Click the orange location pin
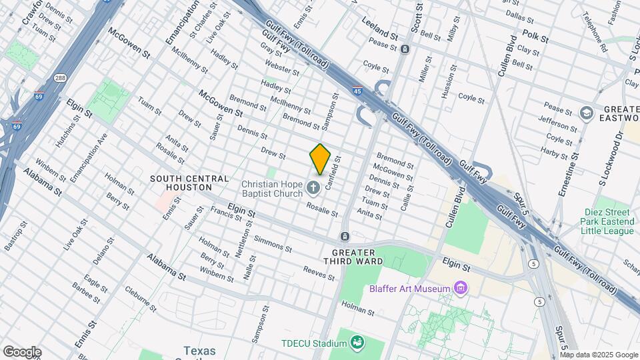pyautogui.click(x=320, y=159)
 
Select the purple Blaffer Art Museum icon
pyautogui.click(x=459, y=288)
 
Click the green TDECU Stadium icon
pyautogui.click(x=358, y=343)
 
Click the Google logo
pyautogui.click(x=22, y=352)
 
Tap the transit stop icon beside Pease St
pyautogui.click(x=405, y=49)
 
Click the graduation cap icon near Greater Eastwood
pyautogui.click(x=587, y=111)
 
